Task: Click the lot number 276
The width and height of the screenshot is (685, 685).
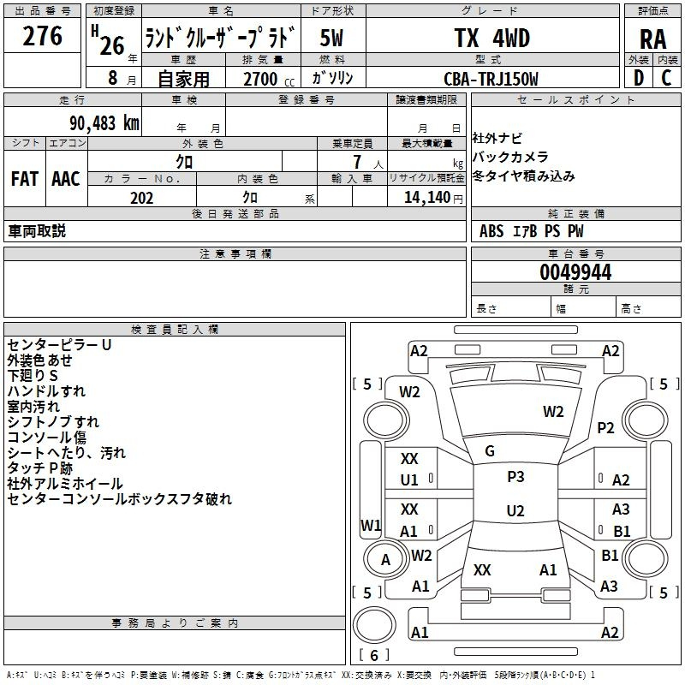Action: click(42, 36)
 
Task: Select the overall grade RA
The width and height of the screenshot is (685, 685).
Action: click(652, 39)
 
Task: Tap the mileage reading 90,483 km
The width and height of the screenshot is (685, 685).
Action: click(104, 122)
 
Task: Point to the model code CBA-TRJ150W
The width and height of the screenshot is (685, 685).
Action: click(491, 79)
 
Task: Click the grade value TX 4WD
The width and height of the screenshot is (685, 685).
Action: click(491, 38)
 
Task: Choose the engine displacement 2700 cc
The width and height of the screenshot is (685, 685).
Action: click(269, 79)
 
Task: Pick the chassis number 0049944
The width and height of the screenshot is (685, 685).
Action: click(575, 272)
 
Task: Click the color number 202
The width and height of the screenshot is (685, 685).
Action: click(141, 198)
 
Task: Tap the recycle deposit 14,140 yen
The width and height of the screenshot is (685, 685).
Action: click(433, 198)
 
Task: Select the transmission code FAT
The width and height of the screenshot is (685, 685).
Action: click(25, 179)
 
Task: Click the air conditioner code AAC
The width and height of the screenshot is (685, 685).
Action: click(66, 179)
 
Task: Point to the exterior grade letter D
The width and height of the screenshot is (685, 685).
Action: click(638, 78)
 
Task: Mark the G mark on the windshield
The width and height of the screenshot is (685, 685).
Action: click(490, 451)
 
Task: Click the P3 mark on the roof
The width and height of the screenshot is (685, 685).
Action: click(515, 476)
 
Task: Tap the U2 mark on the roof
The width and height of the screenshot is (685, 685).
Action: click(515, 510)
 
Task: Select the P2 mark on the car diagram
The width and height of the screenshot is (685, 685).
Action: click(605, 427)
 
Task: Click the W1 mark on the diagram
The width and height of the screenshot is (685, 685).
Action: click(371, 525)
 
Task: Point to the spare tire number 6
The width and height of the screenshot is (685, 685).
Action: click(374, 655)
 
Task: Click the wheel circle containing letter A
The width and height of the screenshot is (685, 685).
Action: click(386, 558)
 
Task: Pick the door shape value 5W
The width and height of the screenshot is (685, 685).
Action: click(331, 38)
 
